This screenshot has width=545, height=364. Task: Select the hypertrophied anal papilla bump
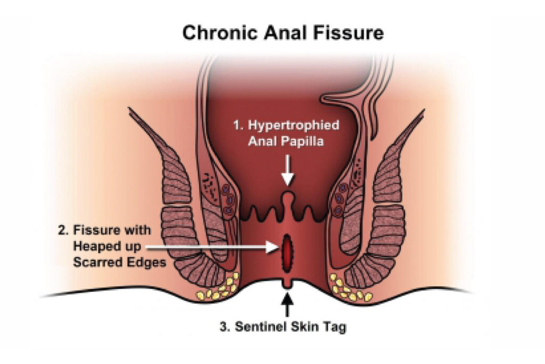(287, 200)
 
